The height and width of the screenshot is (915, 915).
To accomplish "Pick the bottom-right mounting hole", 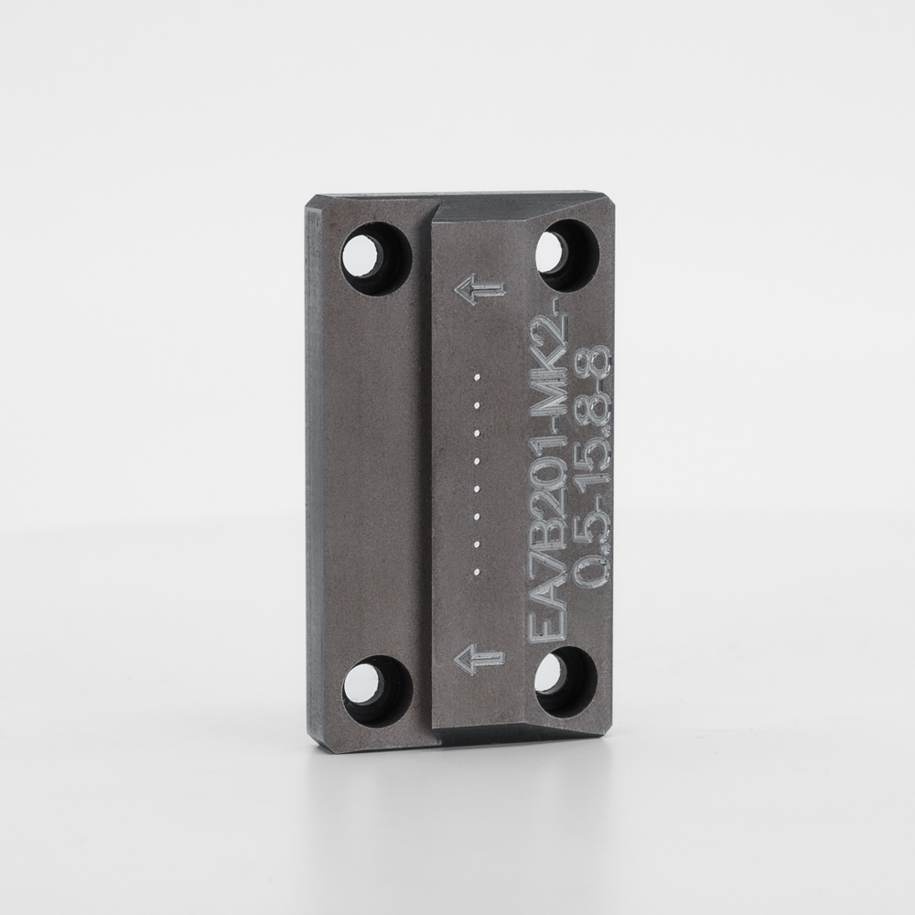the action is [565, 680].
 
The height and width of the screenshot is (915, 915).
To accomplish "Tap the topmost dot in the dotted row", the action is [478, 378].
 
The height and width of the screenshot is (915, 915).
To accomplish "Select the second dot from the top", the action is [478, 405].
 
